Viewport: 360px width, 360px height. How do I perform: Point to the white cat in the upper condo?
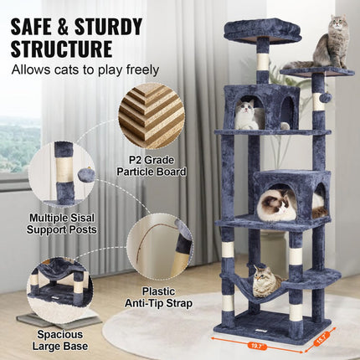tap(246, 115)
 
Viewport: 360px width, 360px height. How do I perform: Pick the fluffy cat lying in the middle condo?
tap(276, 204)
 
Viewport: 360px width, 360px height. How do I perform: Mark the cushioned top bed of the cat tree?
tap(262, 31)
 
